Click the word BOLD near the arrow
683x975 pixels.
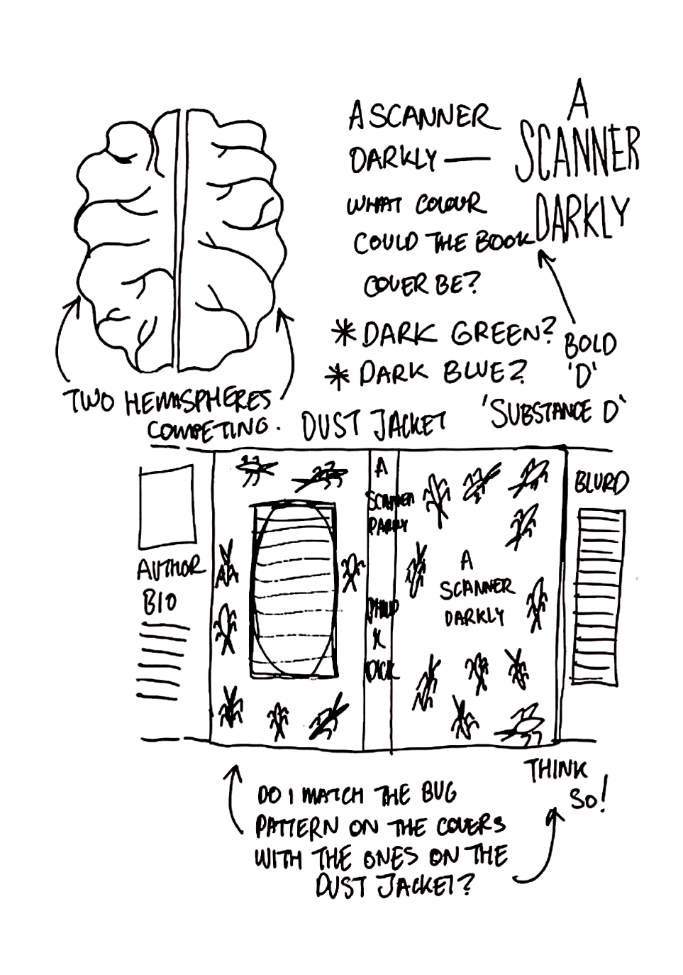point(590,344)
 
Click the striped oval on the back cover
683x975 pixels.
point(294,590)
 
